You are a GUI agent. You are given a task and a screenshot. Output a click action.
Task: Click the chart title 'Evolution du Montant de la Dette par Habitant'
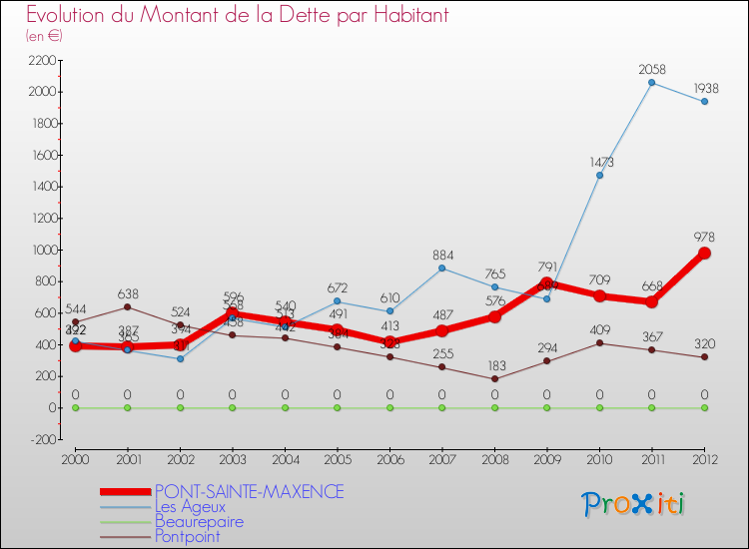pyautogui.click(x=238, y=16)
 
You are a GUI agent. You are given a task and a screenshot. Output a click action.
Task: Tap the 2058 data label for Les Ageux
pyautogui.click(x=651, y=69)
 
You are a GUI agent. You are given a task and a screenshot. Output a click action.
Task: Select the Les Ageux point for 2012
pyautogui.click(x=704, y=101)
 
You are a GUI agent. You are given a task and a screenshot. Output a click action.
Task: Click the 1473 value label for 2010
pyautogui.click(x=599, y=162)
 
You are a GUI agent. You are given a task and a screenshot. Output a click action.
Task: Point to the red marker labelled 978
pyautogui.click(x=704, y=254)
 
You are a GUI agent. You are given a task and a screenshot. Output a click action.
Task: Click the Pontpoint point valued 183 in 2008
pyautogui.click(x=494, y=379)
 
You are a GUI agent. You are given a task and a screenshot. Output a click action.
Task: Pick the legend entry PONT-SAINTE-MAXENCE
pyautogui.click(x=249, y=492)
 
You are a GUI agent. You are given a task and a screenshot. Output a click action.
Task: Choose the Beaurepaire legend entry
pyautogui.click(x=199, y=521)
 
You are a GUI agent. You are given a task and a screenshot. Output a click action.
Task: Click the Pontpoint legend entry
pyautogui.click(x=187, y=536)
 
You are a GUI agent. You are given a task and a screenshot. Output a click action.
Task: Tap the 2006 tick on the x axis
pyautogui.click(x=389, y=458)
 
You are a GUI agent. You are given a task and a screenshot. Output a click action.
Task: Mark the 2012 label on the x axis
pyautogui.click(x=704, y=458)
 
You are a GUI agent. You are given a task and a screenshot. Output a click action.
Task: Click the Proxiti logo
pyautogui.click(x=634, y=504)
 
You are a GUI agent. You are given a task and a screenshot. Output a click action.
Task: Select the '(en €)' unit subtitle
pyautogui.click(x=44, y=36)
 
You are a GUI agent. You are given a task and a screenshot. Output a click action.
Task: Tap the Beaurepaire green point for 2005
pyautogui.click(x=337, y=407)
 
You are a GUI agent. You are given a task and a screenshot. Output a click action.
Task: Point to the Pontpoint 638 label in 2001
pyautogui.click(x=128, y=293)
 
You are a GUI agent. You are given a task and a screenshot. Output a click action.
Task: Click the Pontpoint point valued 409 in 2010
pyautogui.click(x=599, y=343)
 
